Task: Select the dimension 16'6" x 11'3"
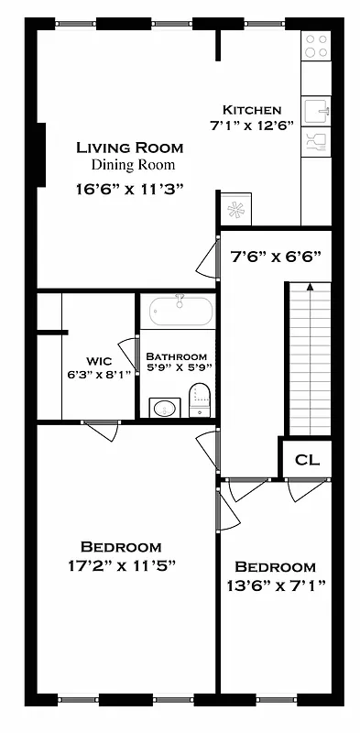130,190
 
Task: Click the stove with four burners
316,46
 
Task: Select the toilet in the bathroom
200,399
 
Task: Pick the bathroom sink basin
164,407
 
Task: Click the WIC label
99,360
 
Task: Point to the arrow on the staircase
311,289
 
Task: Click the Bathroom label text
176,356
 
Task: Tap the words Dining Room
133,166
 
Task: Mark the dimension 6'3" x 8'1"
99,374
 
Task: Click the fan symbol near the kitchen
236,210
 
